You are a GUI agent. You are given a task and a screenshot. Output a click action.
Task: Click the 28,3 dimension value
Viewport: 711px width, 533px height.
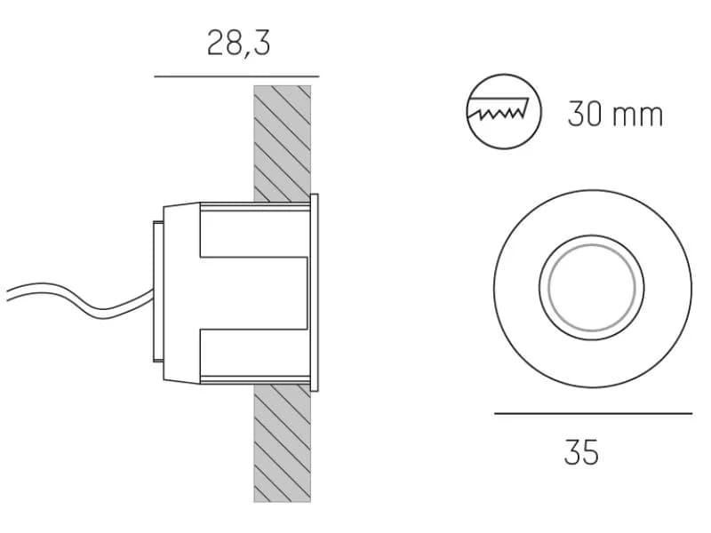click(238, 44)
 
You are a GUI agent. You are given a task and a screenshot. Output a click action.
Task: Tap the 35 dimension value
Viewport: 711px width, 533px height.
click(581, 452)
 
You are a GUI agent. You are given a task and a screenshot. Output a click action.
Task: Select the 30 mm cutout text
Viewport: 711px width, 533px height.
click(615, 114)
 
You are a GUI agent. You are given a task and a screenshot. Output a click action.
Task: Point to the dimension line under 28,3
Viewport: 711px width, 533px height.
click(236, 76)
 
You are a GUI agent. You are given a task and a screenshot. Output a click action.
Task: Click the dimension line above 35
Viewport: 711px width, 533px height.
click(593, 413)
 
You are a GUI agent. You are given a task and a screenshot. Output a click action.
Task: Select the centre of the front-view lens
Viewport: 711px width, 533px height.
click(592, 288)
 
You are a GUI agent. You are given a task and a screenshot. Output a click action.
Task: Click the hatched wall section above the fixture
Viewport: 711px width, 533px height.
click(282, 143)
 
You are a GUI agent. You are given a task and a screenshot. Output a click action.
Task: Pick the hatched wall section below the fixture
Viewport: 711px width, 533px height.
click(282, 443)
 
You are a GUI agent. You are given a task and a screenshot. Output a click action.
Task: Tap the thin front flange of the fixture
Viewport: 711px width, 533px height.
click(314, 292)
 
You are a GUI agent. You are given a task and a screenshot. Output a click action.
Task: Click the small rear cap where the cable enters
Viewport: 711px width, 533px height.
click(158, 291)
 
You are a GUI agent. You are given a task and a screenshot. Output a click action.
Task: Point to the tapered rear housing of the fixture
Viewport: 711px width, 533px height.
click(181, 292)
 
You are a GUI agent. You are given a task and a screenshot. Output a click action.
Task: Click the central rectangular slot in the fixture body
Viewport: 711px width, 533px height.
click(254, 293)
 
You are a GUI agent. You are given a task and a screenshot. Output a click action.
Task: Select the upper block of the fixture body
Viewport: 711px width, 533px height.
click(254, 231)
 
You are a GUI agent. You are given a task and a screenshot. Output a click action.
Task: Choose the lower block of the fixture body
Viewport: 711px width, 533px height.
click(254, 354)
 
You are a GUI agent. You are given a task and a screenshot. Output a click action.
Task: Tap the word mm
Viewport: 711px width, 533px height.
click(637, 115)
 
